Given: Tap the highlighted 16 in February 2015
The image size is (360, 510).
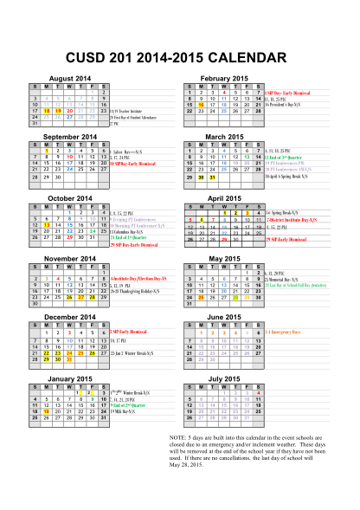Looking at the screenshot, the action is click(x=201, y=104).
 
